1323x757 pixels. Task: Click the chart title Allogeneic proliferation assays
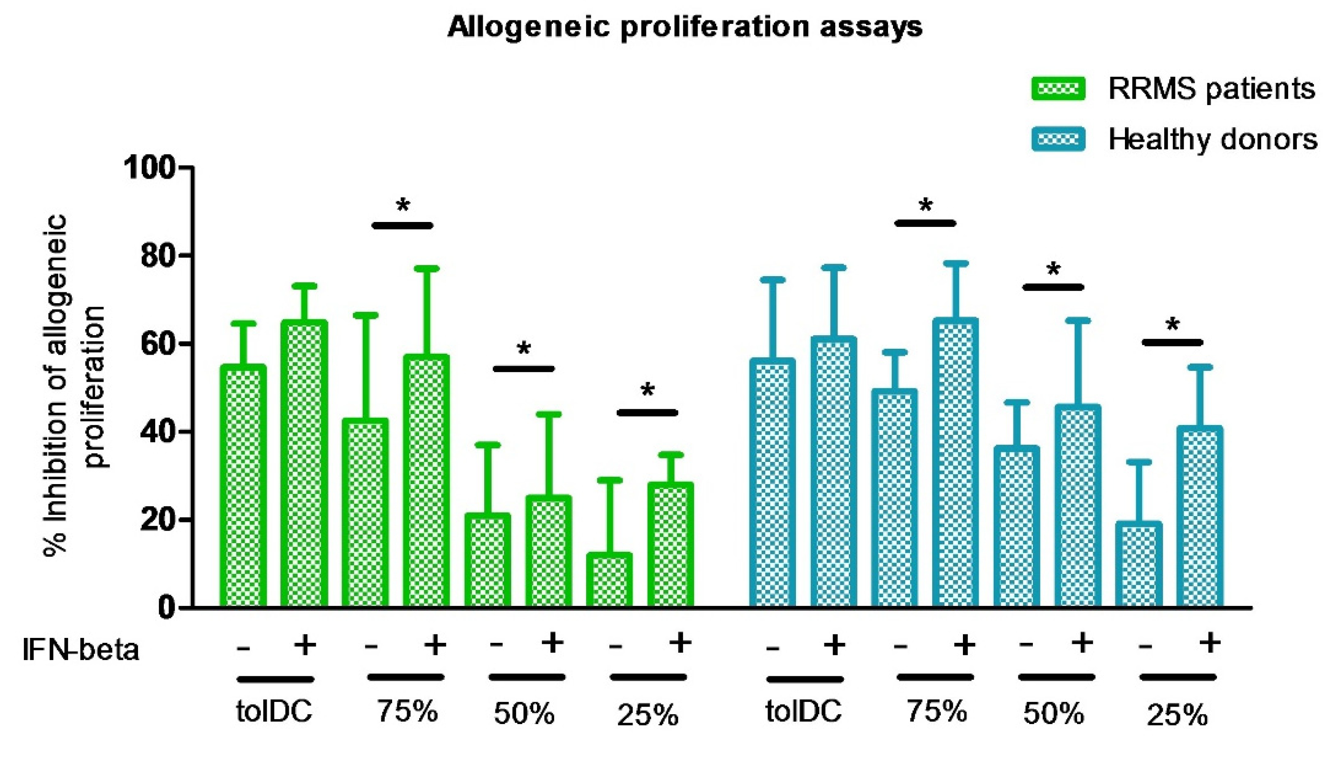pos(685,27)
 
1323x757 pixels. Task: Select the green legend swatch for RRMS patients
pos(1057,88)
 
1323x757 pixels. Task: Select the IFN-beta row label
pos(81,649)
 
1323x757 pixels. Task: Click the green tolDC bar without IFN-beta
pos(243,486)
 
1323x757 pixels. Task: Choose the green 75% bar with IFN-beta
pos(426,481)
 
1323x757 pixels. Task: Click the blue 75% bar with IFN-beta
pos(955,463)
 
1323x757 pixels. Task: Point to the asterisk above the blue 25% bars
pos(1172,325)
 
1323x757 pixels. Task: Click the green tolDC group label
pos(274,711)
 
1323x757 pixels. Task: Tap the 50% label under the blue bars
pos(1054,714)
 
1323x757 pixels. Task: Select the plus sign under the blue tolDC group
pos(834,645)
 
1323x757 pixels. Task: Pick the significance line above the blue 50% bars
pos(1053,287)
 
